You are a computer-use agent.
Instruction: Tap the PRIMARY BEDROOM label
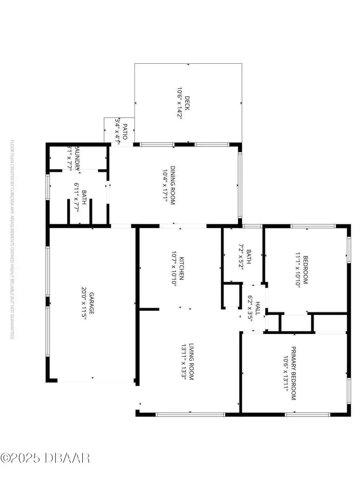click(293, 373)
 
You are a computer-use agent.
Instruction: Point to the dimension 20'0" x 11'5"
click(84, 303)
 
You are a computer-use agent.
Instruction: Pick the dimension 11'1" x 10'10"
click(298, 270)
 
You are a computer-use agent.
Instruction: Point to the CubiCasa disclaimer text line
click(12, 240)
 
